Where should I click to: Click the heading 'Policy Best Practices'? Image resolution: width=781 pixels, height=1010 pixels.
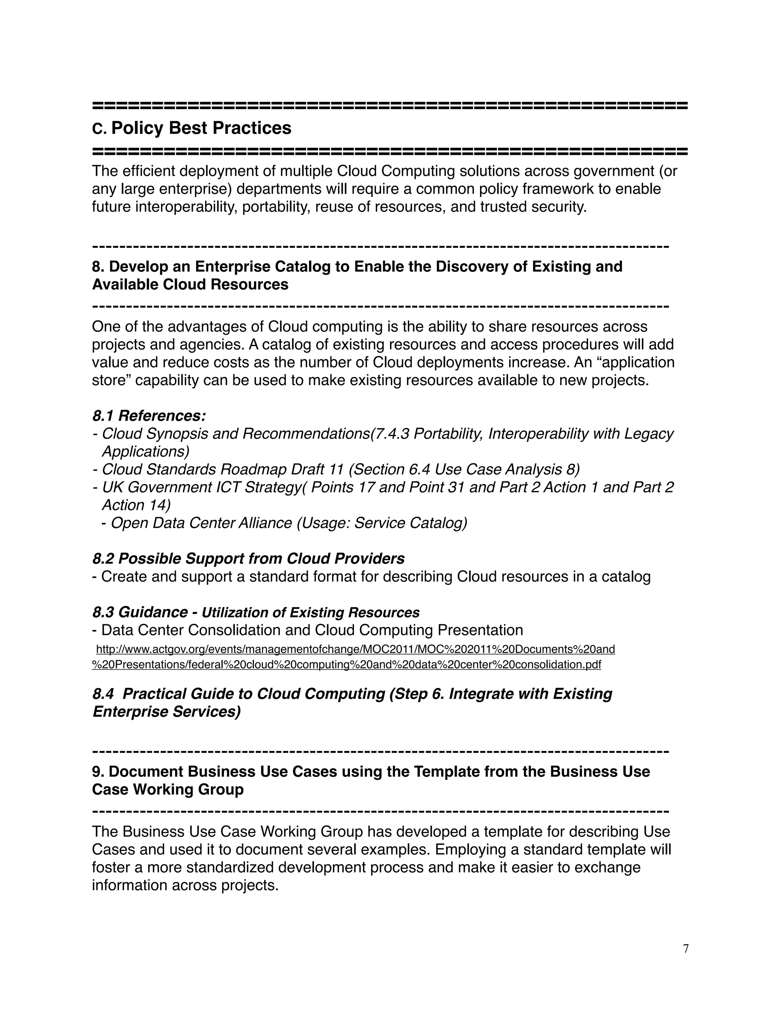pos(201,128)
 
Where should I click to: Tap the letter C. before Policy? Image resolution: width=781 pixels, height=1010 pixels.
pos(99,129)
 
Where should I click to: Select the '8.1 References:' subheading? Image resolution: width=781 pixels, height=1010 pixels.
pos(149,416)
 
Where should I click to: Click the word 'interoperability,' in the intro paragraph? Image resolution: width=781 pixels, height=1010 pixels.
pos(186,207)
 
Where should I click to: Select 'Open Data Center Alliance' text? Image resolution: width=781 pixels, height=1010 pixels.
pos(201,523)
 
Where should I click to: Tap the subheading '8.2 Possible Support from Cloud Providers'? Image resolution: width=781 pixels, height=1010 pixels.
pos(249,559)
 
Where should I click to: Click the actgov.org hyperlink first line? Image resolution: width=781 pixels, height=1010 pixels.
pos(355,649)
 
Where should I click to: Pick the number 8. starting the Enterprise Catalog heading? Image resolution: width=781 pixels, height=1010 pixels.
pos(98,267)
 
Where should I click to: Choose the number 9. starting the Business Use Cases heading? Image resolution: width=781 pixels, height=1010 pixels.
pos(98,772)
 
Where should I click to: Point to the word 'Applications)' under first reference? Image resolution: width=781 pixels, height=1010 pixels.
pos(145,451)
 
